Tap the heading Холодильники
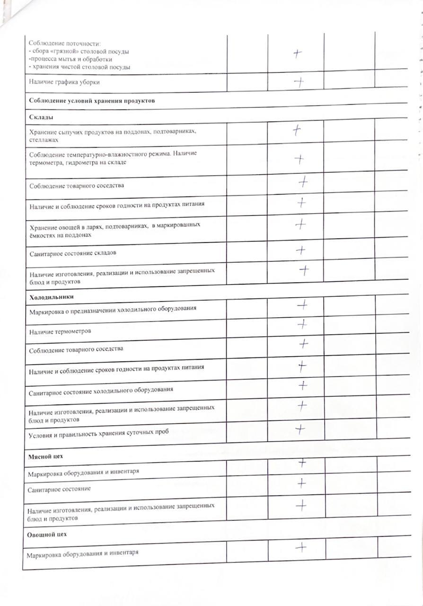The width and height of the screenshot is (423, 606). pos(51,297)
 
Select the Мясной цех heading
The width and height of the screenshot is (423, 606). pos(45,456)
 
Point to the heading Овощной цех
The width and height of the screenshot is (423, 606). pos(47,534)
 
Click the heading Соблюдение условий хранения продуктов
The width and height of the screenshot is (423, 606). pos(92,101)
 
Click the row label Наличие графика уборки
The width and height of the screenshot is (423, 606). pos(64,82)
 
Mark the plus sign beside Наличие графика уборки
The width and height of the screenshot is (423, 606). pos(299,82)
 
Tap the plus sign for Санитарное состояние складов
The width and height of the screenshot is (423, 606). pos(300,250)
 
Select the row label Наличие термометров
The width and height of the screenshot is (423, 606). pos(60,331)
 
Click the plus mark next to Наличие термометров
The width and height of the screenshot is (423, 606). pos(302,324)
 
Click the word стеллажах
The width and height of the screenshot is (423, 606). pos(44,140)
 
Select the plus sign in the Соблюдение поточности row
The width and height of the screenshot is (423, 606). pos(297,53)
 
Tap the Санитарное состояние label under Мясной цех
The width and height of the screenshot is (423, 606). pos(59,489)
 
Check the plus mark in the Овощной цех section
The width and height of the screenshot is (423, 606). pos(301,547)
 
